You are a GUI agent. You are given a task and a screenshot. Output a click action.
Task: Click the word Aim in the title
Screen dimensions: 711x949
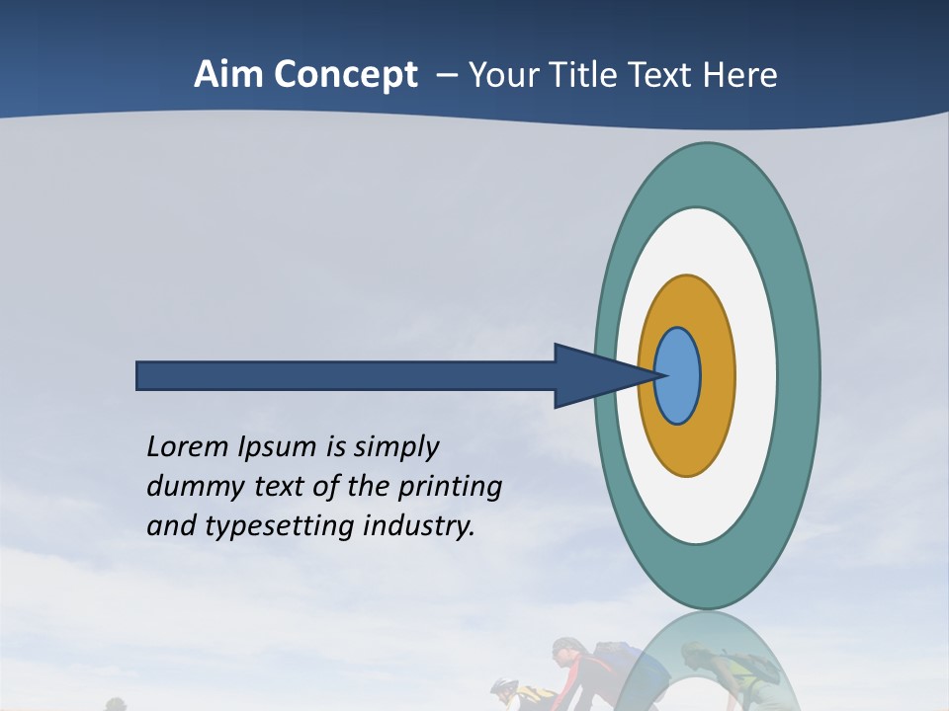[228, 75]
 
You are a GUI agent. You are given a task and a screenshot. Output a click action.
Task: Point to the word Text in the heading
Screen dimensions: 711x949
[664, 75]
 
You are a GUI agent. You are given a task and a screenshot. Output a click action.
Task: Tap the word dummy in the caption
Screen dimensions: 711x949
[189, 487]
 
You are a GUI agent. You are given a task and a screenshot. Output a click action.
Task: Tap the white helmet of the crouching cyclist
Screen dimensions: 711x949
[503, 684]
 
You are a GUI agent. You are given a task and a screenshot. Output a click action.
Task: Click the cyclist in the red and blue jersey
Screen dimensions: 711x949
[593, 671]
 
